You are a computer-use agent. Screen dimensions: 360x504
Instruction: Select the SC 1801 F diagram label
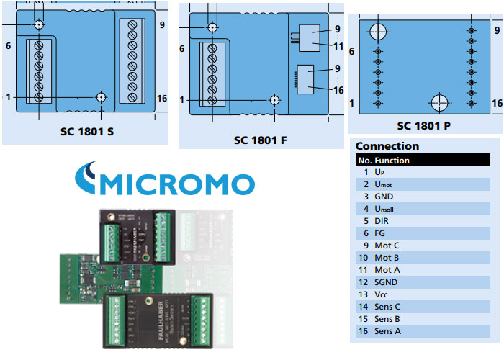click(x=261, y=140)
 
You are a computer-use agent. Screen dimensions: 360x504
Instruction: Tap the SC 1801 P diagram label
click(x=424, y=125)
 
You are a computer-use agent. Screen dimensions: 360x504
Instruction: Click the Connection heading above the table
click(x=387, y=146)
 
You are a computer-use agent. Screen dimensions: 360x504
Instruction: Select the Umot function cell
click(x=384, y=185)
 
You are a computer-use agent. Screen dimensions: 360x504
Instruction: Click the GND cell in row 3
click(x=384, y=197)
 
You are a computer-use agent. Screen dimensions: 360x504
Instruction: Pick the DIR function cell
click(x=382, y=221)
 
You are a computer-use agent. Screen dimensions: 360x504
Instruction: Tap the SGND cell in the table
click(x=386, y=282)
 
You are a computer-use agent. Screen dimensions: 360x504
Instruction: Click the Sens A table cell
click(x=388, y=331)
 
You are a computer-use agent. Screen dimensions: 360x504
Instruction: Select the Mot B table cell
click(x=387, y=258)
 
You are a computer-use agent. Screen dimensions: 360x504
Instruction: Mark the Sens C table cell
click(x=388, y=307)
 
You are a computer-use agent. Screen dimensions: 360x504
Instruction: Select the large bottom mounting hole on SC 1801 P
click(x=438, y=103)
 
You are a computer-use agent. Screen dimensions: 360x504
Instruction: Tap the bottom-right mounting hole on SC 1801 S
click(x=102, y=97)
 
